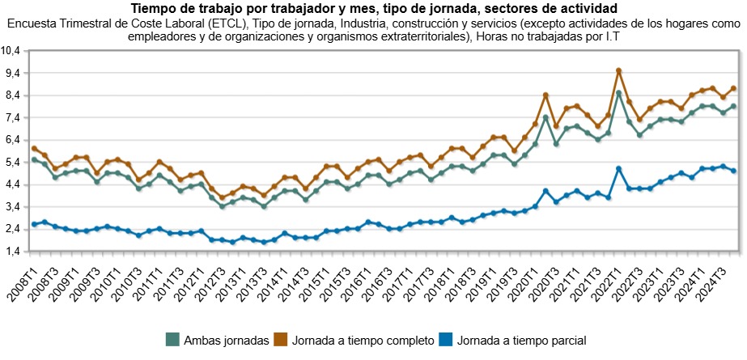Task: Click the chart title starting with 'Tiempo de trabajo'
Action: click(x=373, y=8)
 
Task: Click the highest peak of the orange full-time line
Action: click(x=618, y=70)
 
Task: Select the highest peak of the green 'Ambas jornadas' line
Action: click(x=618, y=93)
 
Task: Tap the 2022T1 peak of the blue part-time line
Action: click(x=618, y=168)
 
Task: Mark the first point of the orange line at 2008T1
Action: click(x=34, y=148)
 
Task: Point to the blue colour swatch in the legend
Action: click(x=444, y=341)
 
